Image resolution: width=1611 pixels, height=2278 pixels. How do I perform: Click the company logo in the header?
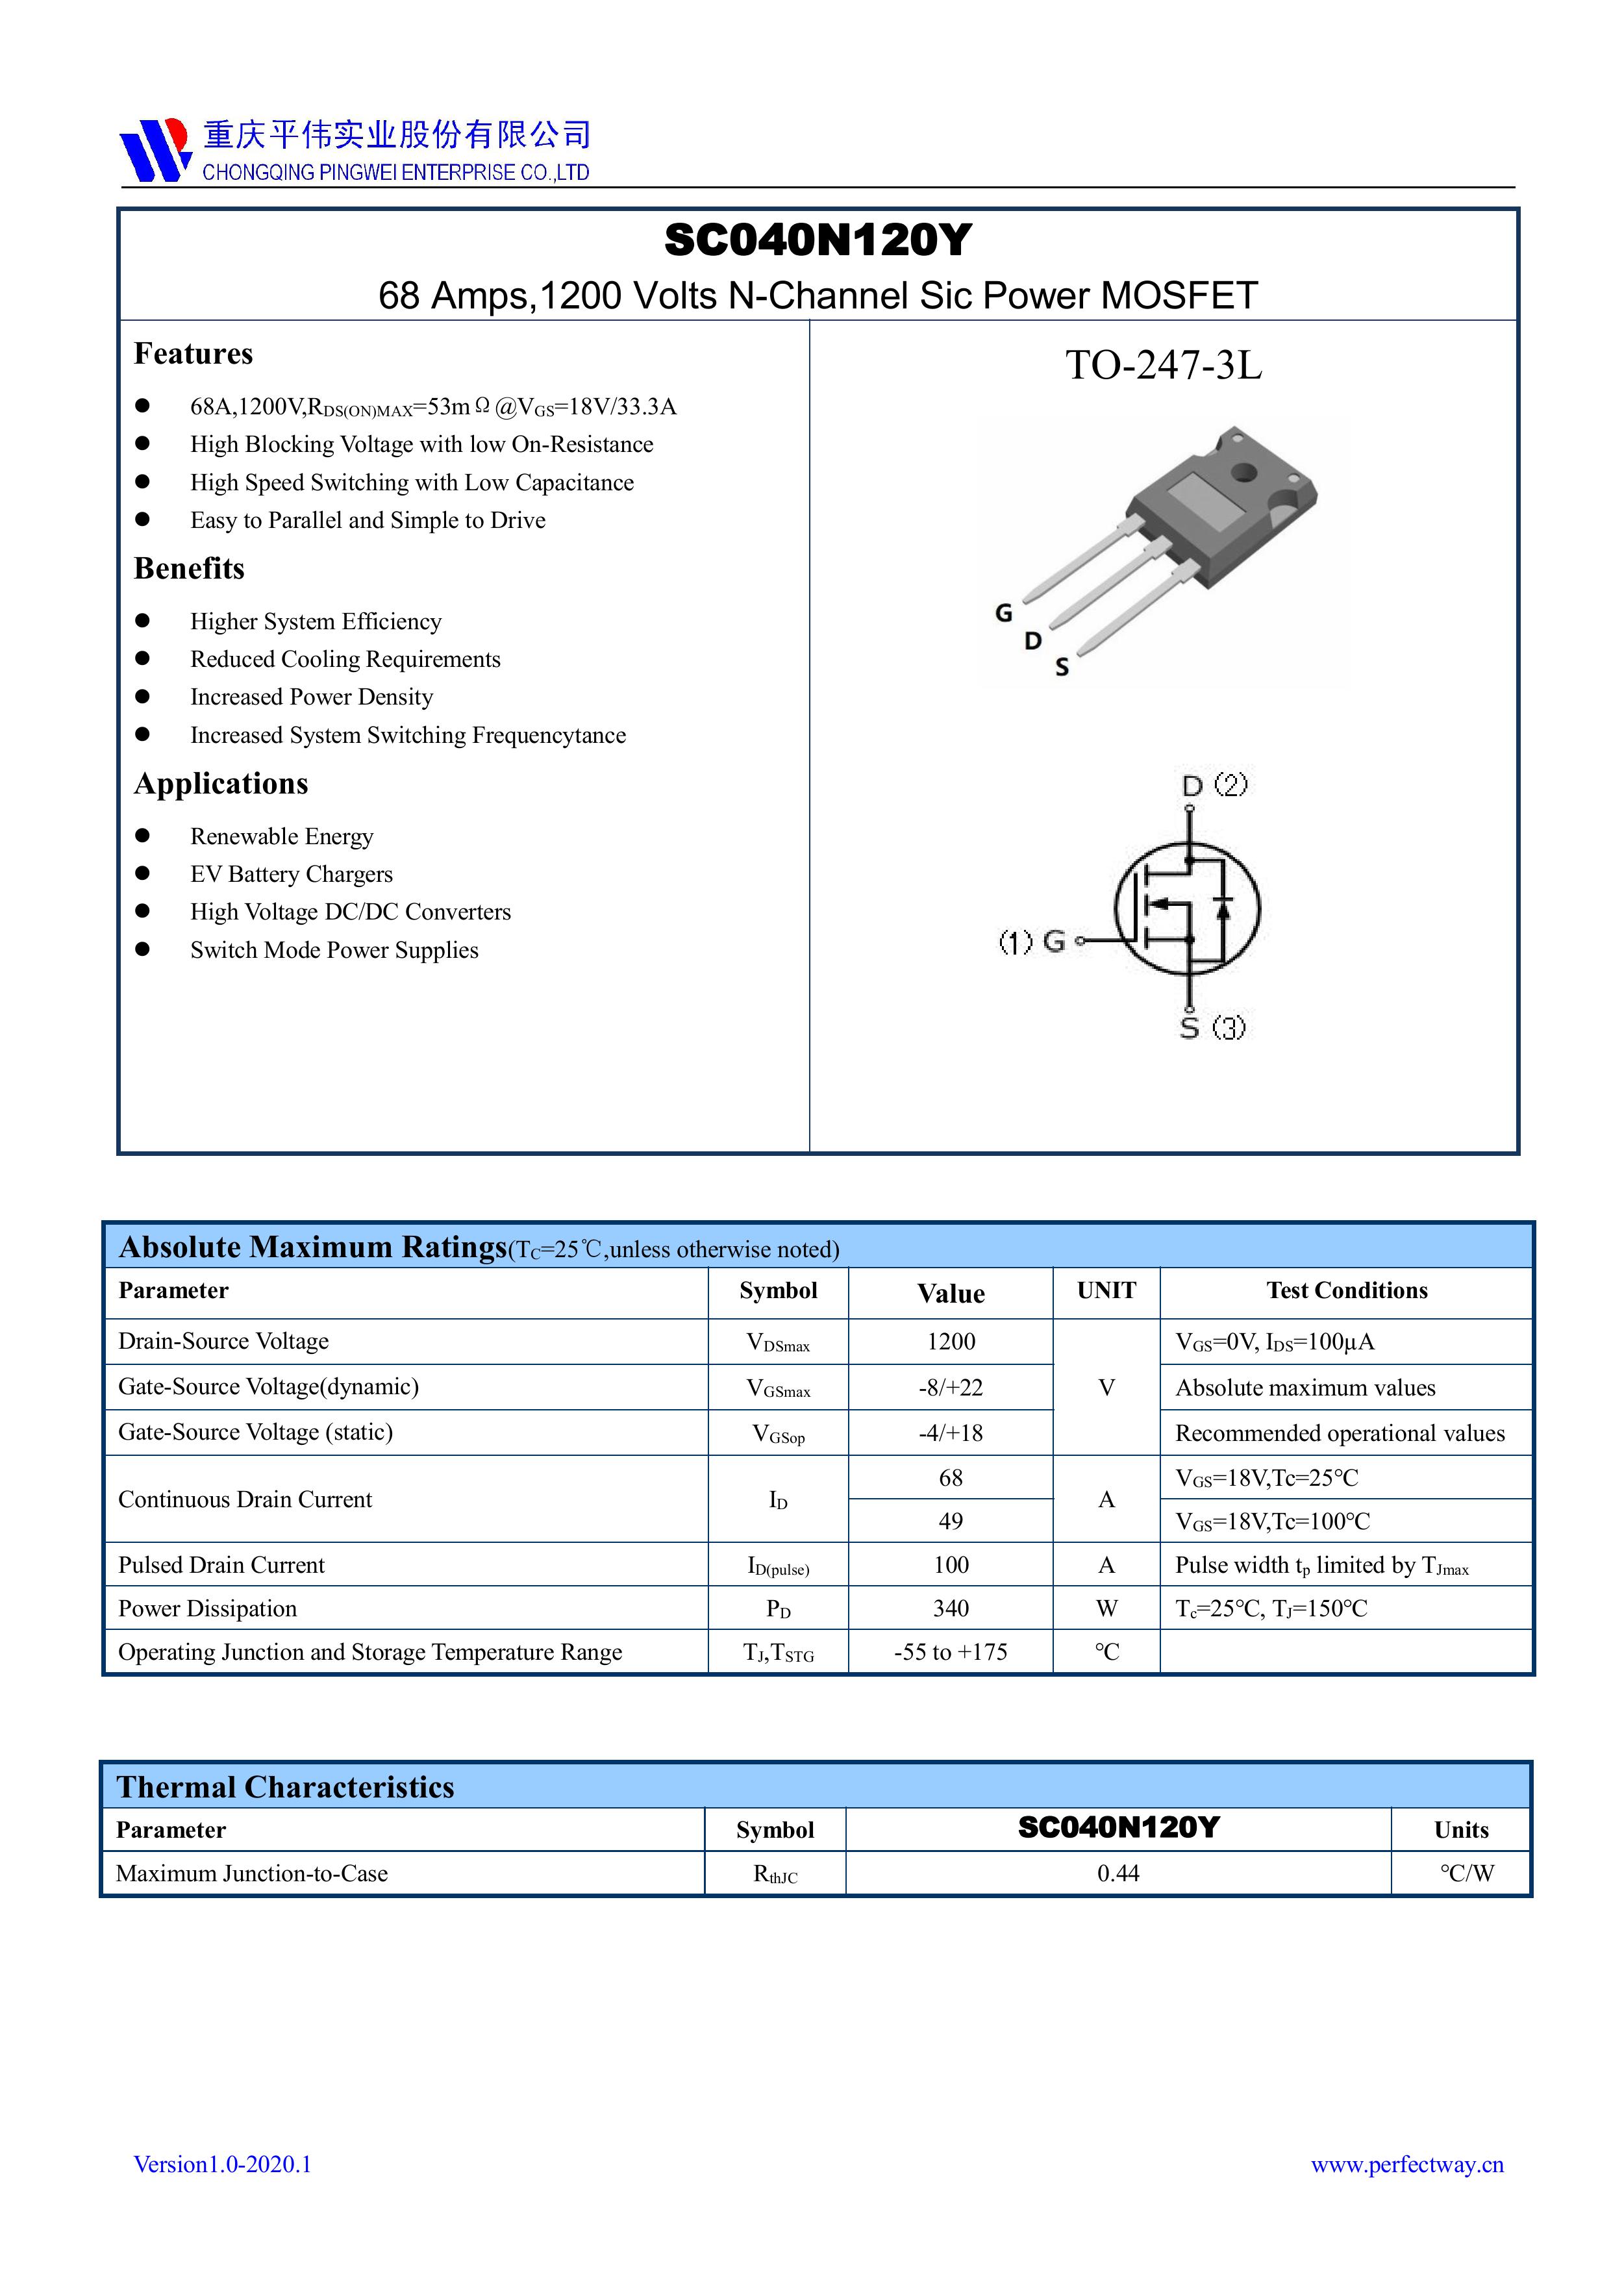click(x=154, y=150)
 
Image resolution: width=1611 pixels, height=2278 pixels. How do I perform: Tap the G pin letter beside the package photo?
click(x=1004, y=613)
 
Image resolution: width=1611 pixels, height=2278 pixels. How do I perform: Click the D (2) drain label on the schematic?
click(x=1214, y=786)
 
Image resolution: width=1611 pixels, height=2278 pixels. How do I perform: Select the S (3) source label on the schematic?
click(x=1212, y=1028)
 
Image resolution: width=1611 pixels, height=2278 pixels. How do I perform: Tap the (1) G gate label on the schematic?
click(x=1032, y=940)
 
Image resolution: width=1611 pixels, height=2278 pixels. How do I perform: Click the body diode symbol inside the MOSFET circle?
click(x=1223, y=907)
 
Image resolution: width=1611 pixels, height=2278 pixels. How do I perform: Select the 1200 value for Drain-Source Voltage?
click(x=951, y=1342)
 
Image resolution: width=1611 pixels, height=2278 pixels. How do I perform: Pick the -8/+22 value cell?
click(x=951, y=1387)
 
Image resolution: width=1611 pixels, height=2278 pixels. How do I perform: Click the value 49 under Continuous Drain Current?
click(x=951, y=1521)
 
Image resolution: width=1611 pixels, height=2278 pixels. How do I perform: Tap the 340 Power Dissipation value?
click(x=951, y=1608)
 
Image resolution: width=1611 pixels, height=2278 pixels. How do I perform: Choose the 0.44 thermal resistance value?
click(x=1118, y=1873)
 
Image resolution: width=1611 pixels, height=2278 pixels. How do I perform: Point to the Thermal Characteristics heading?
click(x=286, y=1787)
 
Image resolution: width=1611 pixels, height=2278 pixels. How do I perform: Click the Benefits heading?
click(x=190, y=568)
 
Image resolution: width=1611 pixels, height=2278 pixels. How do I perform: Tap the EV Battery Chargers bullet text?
click(x=292, y=874)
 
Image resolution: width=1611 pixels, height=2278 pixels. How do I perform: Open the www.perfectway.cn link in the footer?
click(x=1406, y=2164)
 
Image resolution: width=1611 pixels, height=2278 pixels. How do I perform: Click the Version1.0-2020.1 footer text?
click(x=223, y=2164)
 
